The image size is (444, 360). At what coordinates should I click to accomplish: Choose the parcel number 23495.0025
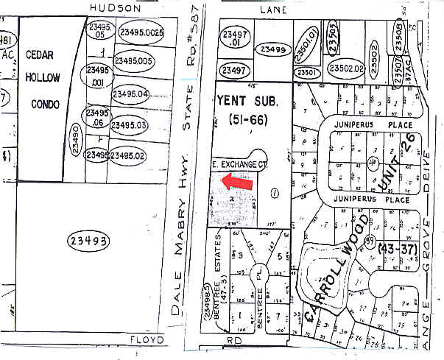(143, 33)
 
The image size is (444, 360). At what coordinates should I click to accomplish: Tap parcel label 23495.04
(130, 94)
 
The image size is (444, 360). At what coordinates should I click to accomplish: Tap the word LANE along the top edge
(273, 10)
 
